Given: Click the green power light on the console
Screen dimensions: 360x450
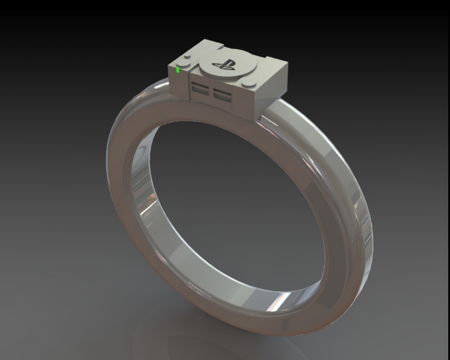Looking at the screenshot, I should tap(178, 70).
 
